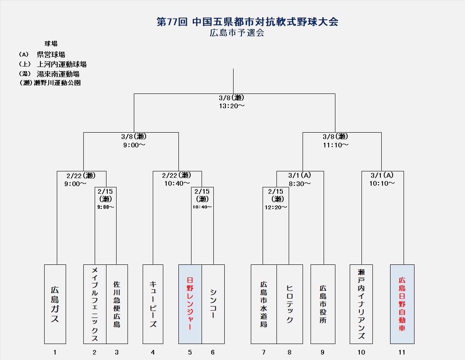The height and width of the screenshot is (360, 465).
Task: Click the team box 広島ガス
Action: click(55, 304)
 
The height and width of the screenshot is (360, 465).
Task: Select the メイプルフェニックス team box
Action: click(95, 304)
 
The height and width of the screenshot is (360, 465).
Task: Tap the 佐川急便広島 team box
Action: click(117, 304)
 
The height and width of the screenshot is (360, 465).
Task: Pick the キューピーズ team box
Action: click(153, 304)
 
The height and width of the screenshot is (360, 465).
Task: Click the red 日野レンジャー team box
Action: click(190, 304)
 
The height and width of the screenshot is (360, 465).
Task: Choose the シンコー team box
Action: click(213, 304)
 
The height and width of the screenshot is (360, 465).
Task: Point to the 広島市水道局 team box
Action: click(264, 304)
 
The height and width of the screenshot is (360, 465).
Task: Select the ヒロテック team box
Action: click(290, 304)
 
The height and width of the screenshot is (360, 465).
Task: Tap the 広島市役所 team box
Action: click(323, 304)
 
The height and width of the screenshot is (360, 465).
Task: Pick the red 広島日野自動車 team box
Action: click(402, 304)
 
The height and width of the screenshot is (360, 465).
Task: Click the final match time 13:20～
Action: click(231, 106)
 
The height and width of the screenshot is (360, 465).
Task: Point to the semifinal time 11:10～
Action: click(335, 145)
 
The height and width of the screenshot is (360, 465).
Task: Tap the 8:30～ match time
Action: click(300, 184)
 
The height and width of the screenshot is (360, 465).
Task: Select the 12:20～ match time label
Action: click(276, 207)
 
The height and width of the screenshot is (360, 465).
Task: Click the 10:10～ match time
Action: click(382, 184)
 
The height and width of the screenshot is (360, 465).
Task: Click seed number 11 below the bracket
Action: click(402, 352)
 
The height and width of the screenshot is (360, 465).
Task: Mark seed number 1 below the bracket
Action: click(55, 352)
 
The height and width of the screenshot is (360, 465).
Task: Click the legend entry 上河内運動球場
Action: click(61, 64)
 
